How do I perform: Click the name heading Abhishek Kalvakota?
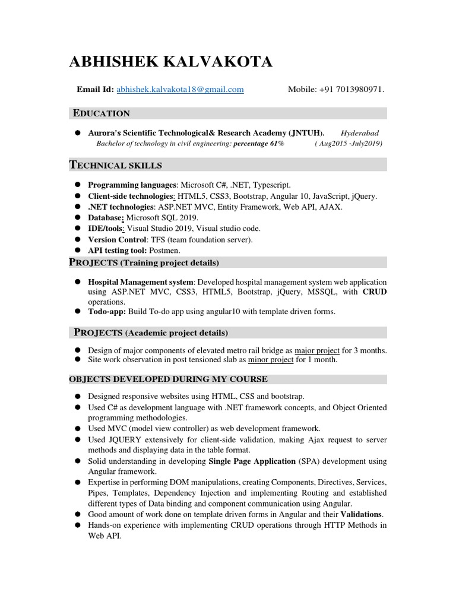coord(171,62)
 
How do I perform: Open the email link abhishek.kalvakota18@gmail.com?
coord(180,90)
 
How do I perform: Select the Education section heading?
coord(101,113)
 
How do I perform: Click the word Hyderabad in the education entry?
coord(360,134)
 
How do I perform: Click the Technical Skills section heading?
coord(116,164)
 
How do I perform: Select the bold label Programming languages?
coord(132,185)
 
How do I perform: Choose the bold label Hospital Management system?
coord(141,281)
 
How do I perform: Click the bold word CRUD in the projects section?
coord(375,292)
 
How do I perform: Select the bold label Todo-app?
coord(107,312)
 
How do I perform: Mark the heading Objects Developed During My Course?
coord(169,379)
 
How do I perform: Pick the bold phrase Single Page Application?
coord(252,461)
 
